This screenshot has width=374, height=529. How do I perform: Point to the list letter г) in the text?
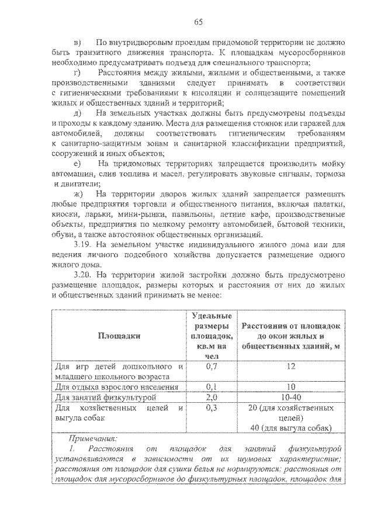79,72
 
